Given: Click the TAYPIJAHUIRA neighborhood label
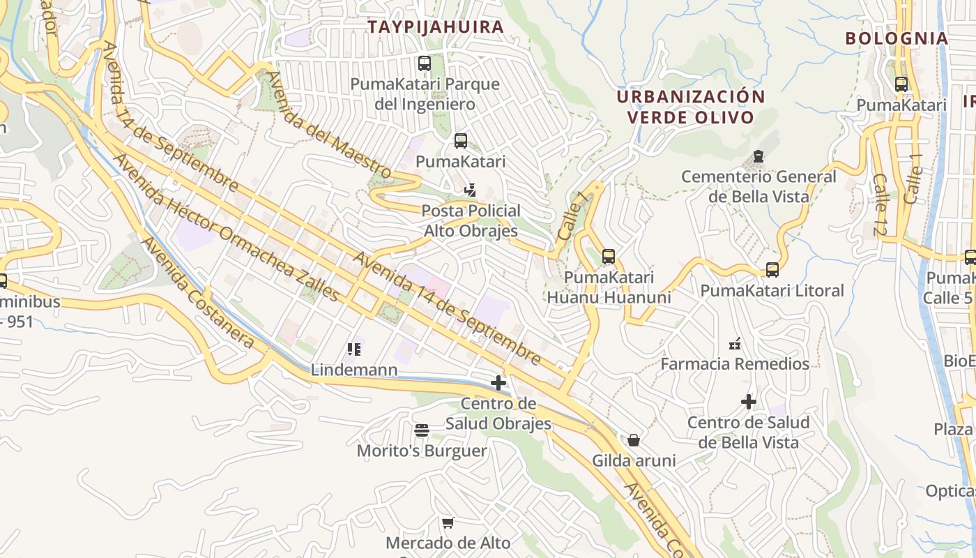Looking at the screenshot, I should pyautogui.click(x=436, y=27).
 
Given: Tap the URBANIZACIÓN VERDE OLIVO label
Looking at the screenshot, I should pyautogui.click(x=691, y=107).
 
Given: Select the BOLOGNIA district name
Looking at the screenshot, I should pyautogui.click(x=897, y=38).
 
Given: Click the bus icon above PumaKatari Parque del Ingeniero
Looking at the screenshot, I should pyautogui.click(x=425, y=64).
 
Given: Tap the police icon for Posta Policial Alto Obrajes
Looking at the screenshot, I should pyautogui.click(x=471, y=190).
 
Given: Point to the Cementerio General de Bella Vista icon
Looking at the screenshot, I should pyautogui.click(x=758, y=156).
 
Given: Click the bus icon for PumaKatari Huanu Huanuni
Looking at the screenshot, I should pyautogui.click(x=609, y=257).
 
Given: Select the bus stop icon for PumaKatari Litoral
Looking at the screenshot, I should pyautogui.click(x=772, y=270).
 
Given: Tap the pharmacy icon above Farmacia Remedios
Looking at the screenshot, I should pyautogui.click(x=735, y=343).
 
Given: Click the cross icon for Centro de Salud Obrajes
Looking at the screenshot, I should pyautogui.click(x=498, y=383).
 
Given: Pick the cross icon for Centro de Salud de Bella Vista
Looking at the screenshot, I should pyautogui.click(x=749, y=402).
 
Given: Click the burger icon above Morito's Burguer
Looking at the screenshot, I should pyautogui.click(x=422, y=430).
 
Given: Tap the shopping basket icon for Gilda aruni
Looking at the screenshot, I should pyautogui.click(x=634, y=440).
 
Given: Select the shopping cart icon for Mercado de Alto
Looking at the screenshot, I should pyautogui.click(x=448, y=522).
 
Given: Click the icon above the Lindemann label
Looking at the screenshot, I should pyautogui.click(x=354, y=349).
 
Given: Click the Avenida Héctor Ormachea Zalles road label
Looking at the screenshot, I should pyautogui.click(x=226, y=227).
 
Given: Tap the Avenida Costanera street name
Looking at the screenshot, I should pyautogui.click(x=198, y=293).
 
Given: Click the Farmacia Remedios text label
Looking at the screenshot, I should pyautogui.click(x=735, y=364).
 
